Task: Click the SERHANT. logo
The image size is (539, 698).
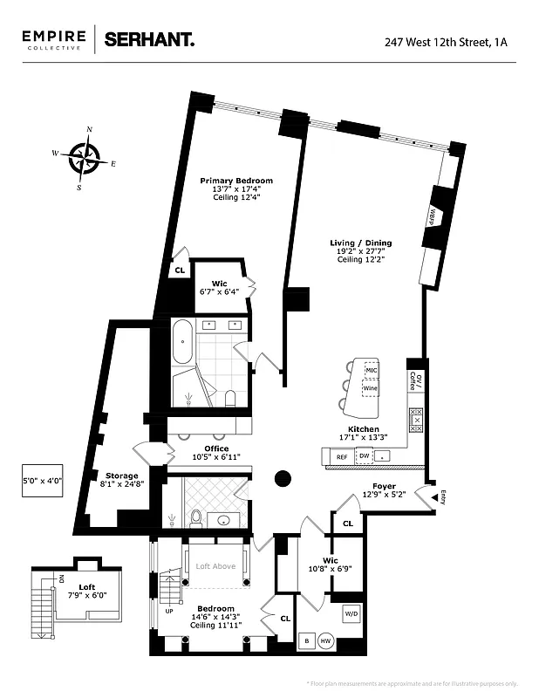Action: click(x=148, y=39)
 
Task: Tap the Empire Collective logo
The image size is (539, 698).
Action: click(x=54, y=39)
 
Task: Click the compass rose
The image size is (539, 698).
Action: click(x=85, y=159)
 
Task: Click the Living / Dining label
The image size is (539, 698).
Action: click(x=360, y=243)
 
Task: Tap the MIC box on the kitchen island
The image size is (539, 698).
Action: click(x=372, y=370)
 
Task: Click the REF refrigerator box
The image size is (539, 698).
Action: click(x=342, y=456)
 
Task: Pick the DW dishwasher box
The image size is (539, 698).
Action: click(x=365, y=456)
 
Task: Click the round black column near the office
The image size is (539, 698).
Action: click(x=283, y=477)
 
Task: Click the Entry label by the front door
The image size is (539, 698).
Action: click(x=442, y=497)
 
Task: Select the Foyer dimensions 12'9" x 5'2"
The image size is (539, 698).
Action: click(x=384, y=496)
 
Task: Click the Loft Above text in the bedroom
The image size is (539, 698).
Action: click(x=215, y=566)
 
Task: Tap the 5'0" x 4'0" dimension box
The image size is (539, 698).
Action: click(x=42, y=479)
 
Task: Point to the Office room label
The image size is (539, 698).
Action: click(x=217, y=448)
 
